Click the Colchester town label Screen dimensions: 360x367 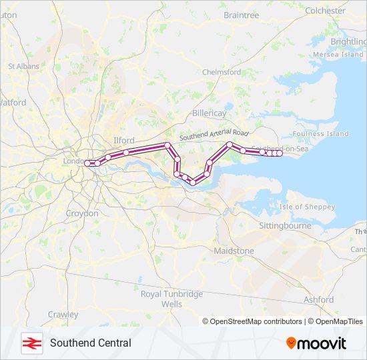325,11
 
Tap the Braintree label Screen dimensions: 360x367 241,15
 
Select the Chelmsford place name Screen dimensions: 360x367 221,72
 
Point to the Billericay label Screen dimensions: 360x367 210,114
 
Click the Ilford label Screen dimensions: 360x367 124,141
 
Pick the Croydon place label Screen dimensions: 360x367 82,213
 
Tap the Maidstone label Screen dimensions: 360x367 234,251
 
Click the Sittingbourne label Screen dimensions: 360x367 285,226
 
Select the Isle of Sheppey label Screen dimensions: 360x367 307,207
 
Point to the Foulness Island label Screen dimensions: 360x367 320,133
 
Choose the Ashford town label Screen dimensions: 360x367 318,300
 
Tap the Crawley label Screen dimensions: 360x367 63,315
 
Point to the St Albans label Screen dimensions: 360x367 24,67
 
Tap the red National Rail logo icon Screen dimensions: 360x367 30,343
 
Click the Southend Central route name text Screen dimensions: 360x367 90,343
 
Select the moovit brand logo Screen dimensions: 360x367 316,343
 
